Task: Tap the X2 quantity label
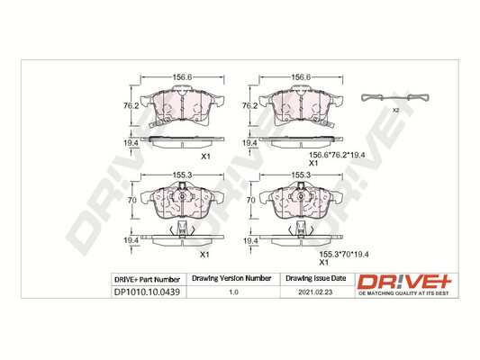(x=394, y=110)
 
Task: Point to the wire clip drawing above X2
(x=393, y=98)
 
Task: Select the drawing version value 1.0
(x=234, y=292)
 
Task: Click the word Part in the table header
(x=149, y=280)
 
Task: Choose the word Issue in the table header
(x=313, y=280)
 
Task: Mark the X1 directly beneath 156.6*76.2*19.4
(x=313, y=163)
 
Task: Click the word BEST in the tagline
(x=443, y=292)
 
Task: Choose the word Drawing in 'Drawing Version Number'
(x=207, y=280)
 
